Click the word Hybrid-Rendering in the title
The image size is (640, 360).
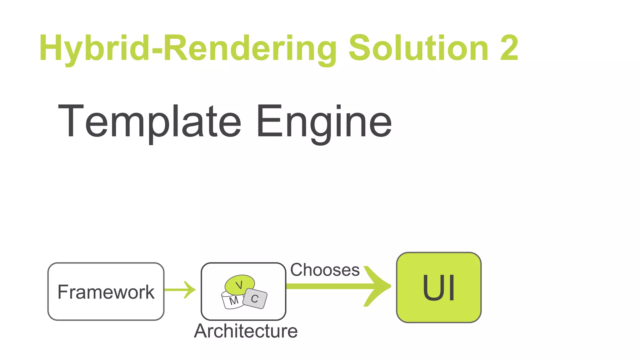click(x=187, y=48)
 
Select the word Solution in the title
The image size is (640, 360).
click(x=419, y=48)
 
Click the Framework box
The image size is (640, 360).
click(x=106, y=292)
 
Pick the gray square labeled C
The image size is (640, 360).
click(x=255, y=298)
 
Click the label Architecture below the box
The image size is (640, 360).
click(x=246, y=331)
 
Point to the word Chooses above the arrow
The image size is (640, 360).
click(x=325, y=270)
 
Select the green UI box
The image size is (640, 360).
click(x=438, y=287)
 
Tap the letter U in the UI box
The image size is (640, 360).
click(x=433, y=288)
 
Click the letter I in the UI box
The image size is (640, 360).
click(x=451, y=288)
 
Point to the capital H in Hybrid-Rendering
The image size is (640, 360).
click(x=52, y=48)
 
